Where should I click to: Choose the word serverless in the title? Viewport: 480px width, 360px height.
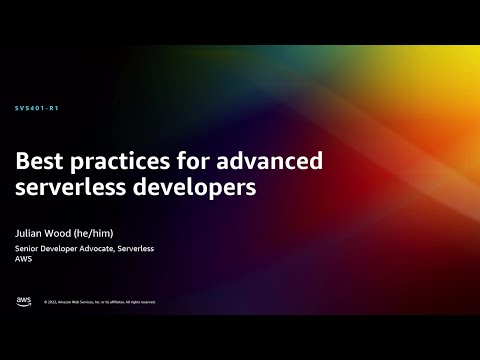[x=73, y=187]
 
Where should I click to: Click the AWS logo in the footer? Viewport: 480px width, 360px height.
[x=23, y=301]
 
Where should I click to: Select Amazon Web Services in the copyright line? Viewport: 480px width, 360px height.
[x=76, y=302]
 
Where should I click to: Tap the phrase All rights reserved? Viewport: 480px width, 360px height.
[x=140, y=302]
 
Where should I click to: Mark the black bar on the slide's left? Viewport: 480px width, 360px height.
[x=4, y=180]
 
